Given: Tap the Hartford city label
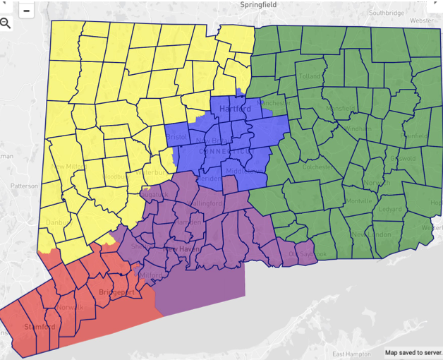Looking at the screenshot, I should click(235, 109).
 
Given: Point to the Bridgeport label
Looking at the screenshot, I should click(116, 292).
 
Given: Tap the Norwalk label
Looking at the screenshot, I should click(70, 307).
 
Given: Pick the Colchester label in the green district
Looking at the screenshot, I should click(316, 167).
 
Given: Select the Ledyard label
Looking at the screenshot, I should click(389, 209).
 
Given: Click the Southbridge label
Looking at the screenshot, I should click(387, 13).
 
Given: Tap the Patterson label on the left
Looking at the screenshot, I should click(24, 186).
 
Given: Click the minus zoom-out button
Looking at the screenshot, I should click(26, 10).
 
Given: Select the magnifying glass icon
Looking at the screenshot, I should click(6, 23).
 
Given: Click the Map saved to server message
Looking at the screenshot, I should click(413, 352).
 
